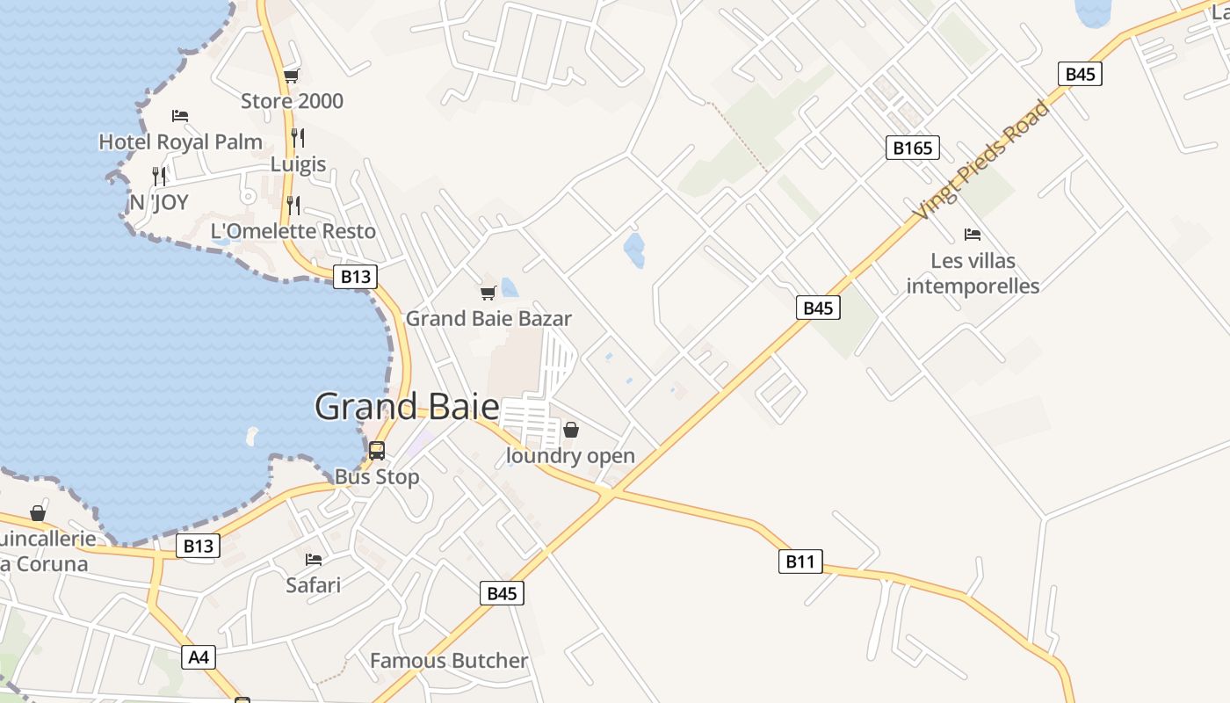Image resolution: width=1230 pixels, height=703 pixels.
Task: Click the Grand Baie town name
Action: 407,407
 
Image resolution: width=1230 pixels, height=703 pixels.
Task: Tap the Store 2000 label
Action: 292,101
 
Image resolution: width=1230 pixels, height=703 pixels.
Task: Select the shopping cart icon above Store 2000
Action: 291,76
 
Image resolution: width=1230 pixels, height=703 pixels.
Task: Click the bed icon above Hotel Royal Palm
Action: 180,116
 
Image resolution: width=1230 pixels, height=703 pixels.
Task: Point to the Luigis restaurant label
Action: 298,164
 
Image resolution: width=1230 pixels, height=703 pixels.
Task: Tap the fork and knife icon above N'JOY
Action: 159,177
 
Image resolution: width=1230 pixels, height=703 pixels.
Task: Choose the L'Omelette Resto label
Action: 293,231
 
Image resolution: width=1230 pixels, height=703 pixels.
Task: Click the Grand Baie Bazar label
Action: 488,318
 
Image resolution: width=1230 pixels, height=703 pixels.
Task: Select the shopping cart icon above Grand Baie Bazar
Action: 488,293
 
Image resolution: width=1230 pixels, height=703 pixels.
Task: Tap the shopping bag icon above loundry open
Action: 571,430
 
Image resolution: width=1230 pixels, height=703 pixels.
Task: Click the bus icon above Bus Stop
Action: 377,451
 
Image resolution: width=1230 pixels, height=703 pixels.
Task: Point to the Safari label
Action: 313,584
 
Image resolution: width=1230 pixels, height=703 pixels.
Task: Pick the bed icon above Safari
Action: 313,560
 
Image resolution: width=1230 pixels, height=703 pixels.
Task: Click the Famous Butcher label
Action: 449,661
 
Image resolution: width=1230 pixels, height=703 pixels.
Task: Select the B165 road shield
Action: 912,148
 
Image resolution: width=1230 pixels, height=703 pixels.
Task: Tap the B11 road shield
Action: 800,562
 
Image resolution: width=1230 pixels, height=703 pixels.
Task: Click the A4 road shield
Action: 199,656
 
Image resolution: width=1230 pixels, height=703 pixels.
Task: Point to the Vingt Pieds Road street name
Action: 981,160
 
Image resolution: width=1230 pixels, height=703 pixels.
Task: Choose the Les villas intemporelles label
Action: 973,273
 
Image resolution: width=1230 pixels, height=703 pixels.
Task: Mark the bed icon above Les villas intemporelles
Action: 973,235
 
